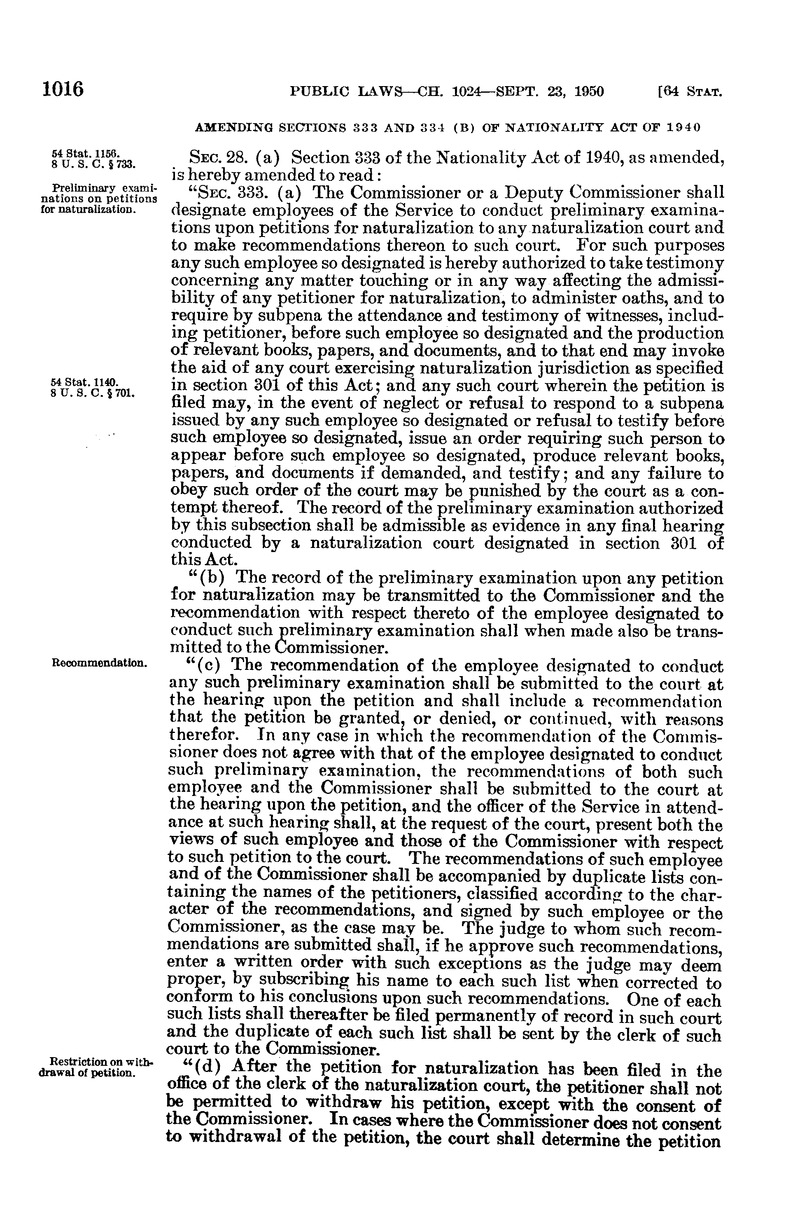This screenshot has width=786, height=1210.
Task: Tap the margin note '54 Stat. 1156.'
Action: click(85, 153)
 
